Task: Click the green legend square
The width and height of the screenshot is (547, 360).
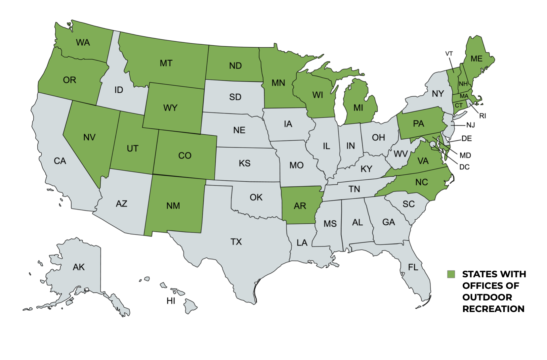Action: pos(451,274)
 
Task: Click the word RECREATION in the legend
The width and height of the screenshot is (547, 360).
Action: pos(493,309)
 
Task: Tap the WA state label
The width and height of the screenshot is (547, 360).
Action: pos(83,43)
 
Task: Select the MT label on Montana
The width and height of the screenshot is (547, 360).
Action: pos(166,63)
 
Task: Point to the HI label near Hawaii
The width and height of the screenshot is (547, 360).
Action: pos(171,301)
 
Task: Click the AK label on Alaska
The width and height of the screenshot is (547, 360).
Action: pos(79,267)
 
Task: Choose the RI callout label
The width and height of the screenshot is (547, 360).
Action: pos(482,116)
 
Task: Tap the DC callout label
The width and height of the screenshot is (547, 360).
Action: pos(464,167)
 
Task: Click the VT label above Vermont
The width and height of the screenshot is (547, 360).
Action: pos(449,54)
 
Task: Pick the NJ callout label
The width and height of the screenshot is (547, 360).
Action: pos(470,125)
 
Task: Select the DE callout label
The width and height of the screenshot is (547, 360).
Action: pos(466,139)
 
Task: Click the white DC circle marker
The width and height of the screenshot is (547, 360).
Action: pos(433,144)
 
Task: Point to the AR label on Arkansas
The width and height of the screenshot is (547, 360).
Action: pos(300,206)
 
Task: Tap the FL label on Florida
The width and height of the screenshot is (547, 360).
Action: pos(413,267)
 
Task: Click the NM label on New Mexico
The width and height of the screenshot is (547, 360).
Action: pos(173,206)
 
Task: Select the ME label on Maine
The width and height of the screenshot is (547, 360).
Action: pos(476,59)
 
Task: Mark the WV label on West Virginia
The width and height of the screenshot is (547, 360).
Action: pos(400,154)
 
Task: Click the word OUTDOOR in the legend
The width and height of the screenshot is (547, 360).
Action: pos(487,297)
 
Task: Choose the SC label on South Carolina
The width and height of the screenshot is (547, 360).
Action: pos(408,204)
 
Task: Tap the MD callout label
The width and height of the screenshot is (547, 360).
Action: pos(465,156)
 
